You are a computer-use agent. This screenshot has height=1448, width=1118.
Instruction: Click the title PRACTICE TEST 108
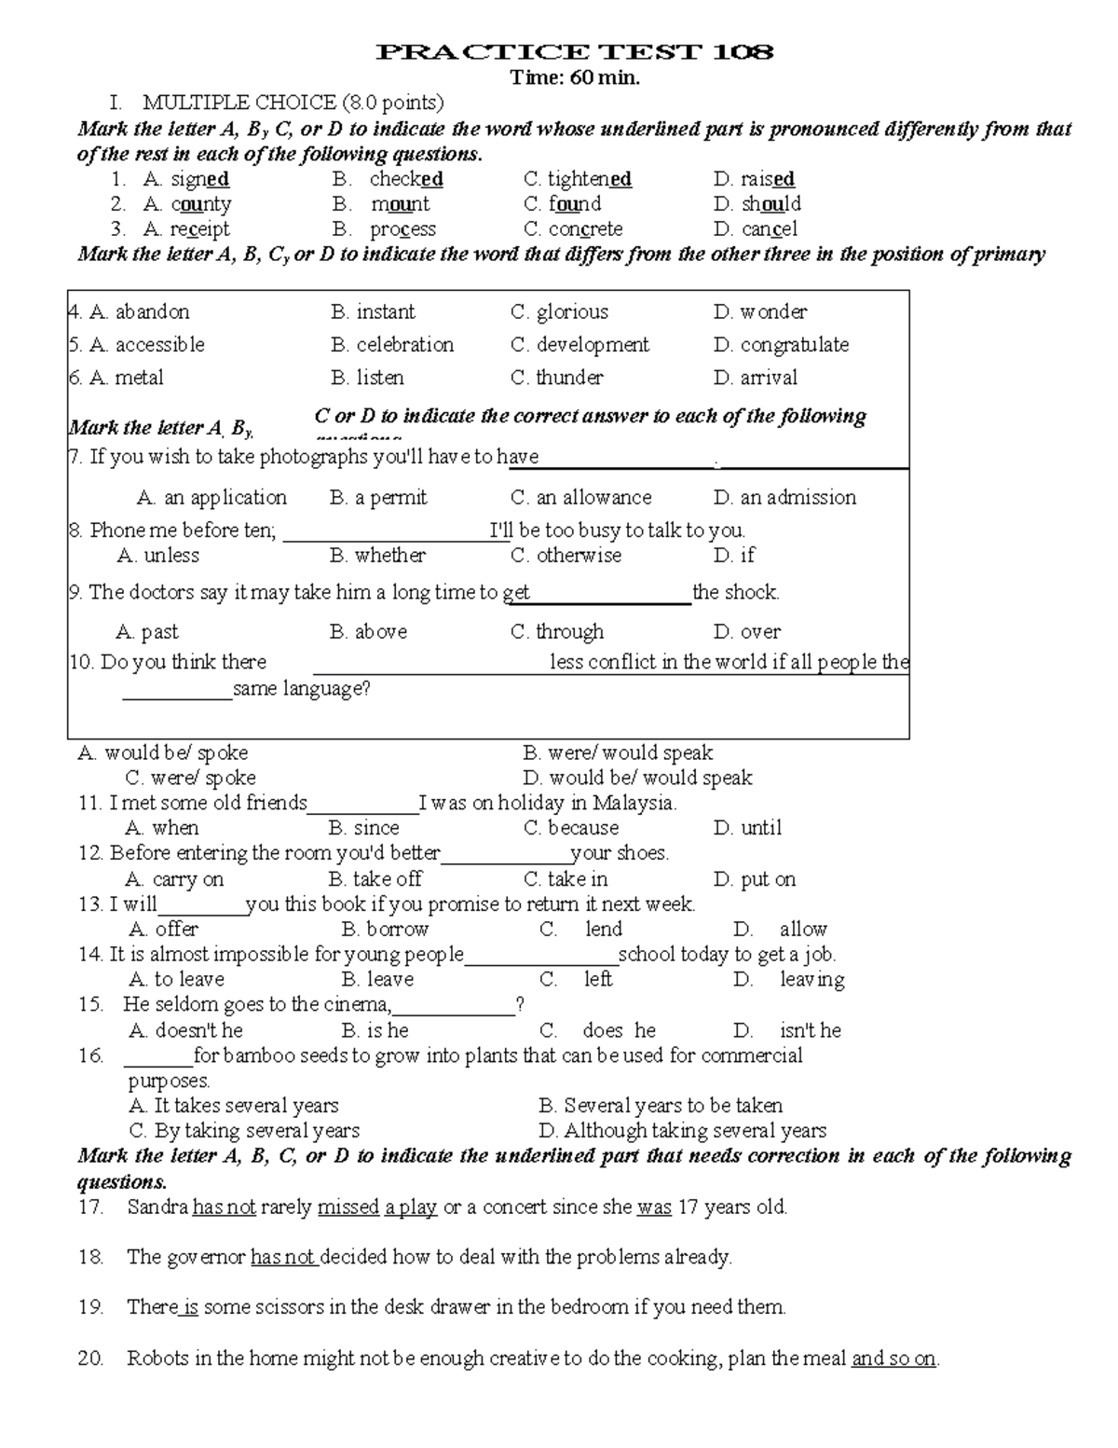(575, 52)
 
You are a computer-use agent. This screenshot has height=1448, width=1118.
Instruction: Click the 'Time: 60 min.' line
(575, 78)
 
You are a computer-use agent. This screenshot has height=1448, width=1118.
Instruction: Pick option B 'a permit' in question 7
(378, 498)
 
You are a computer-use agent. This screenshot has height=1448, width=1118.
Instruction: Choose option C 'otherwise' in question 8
(566, 556)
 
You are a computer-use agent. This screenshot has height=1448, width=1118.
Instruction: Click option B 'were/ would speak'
(618, 753)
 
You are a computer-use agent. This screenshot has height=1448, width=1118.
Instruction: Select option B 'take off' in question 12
(375, 879)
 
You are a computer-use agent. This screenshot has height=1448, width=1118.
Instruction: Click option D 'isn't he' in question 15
(788, 1030)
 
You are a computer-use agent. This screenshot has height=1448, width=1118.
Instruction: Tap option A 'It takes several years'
(234, 1106)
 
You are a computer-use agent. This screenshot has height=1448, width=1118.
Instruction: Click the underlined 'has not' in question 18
(283, 1258)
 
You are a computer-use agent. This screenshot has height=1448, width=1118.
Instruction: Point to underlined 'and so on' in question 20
(893, 1358)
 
